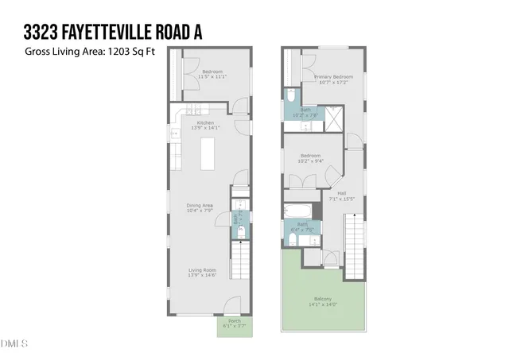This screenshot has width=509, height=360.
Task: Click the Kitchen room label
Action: [206, 124]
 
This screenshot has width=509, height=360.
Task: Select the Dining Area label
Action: [200, 204]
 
